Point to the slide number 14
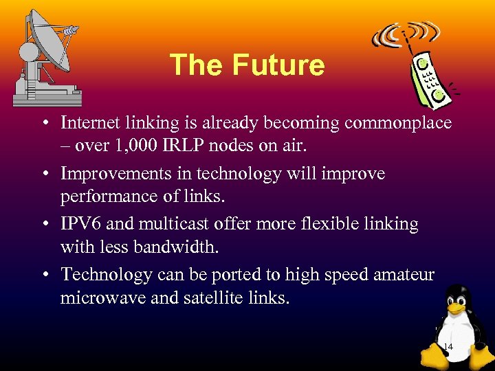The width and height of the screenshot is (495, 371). [448, 347]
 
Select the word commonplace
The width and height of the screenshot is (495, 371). [398, 123]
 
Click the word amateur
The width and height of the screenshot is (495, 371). [404, 274]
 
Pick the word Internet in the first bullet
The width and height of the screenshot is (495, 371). [88, 123]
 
